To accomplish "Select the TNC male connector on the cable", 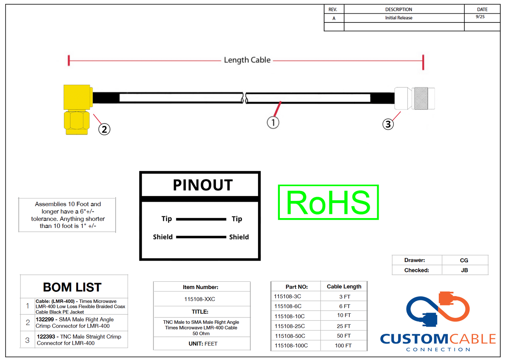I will [x=415, y=98].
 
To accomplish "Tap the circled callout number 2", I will [x=104, y=129].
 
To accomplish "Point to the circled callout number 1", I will [x=273, y=123].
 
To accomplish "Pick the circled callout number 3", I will [x=388, y=124].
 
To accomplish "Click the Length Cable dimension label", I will [x=247, y=60].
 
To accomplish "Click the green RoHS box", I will [x=328, y=202].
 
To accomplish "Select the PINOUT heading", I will [x=203, y=185].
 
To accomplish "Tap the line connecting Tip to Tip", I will [x=201, y=219].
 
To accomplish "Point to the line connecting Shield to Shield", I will [x=201, y=237].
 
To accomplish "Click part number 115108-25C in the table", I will [x=290, y=326].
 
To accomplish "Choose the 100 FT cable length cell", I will [x=343, y=346].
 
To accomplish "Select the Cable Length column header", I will [x=344, y=287].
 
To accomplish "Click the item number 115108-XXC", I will [x=200, y=299].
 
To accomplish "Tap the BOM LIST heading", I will [x=72, y=287].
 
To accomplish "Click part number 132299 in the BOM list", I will [x=45, y=320].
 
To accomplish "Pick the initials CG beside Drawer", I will [x=464, y=260].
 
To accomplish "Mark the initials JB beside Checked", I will [x=464, y=270].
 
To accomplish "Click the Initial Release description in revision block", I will [x=399, y=18].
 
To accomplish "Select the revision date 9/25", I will [x=480, y=17].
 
